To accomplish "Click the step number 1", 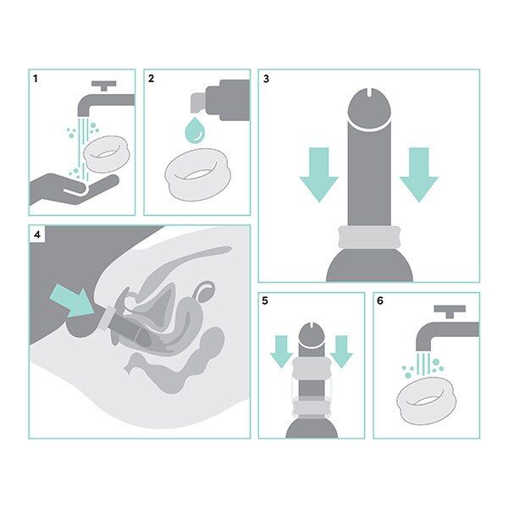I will pos(36,79).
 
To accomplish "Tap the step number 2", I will pos(152,79).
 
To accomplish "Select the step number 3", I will pos(267,79).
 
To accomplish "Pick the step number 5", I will pos(267,302).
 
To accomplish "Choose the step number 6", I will pos(382,302).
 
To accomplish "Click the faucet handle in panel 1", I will pos(106,86).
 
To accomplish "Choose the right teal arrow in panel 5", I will pos(340,350).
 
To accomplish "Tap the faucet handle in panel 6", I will pos(448,310).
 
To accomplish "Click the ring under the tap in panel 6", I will pos(428,396).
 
